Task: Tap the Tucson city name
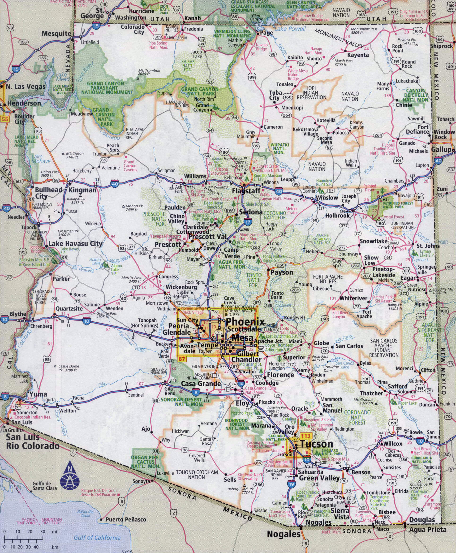coord(317,444)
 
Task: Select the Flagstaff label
coord(246,191)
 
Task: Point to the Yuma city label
coord(38,394)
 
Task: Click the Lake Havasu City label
coord(75,243)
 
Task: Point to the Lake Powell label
coord(290,29)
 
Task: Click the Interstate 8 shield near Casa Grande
coord(195,393)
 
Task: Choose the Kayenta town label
coord(358,55)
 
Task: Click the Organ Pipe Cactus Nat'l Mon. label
coord(145,462)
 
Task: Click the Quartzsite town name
coord(69,308)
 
